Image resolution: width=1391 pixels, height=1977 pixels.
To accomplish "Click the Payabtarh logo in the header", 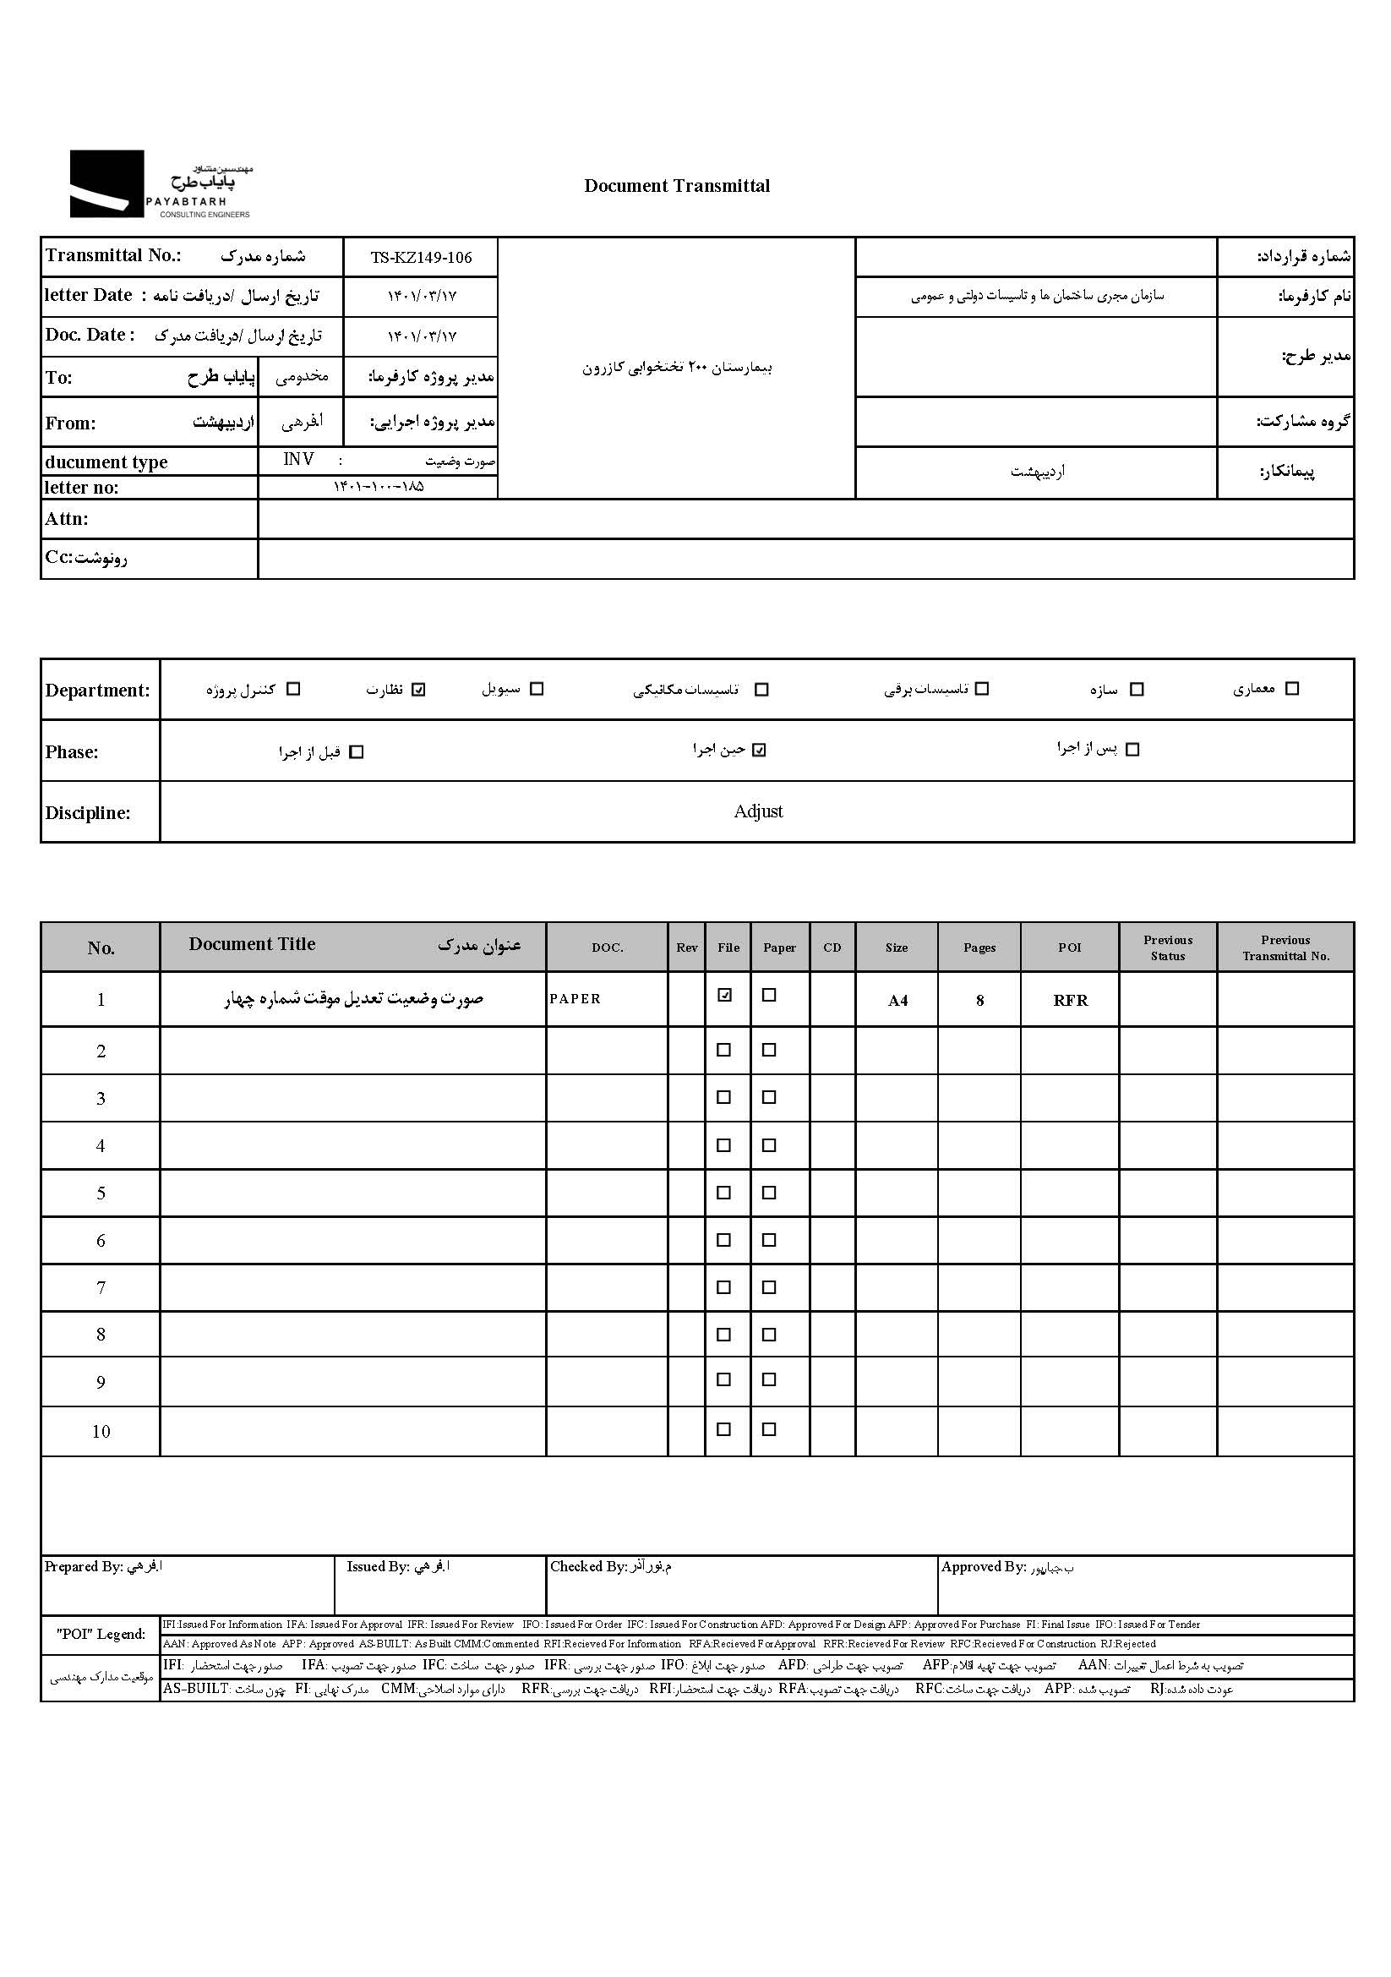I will [x=160, y=183].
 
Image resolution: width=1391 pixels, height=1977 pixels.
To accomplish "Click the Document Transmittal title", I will [x=677, y=186].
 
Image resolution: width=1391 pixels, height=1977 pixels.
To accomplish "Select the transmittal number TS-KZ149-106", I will [x=421, y=258].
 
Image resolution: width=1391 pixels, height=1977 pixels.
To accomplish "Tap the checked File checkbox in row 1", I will [x=725, y=996].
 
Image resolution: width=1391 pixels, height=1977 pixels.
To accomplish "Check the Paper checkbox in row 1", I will [x=770, y=996].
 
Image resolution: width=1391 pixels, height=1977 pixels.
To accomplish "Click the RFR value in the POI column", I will [x=1070, y=1001].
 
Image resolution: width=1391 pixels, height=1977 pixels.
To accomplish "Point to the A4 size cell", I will [x=897, y=1001].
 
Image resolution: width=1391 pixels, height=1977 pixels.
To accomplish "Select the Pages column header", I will [x=979, y=948].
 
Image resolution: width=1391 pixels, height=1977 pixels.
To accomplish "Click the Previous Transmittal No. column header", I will [x=1285, y=948].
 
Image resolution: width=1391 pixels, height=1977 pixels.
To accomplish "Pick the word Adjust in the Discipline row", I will [x=757, y=811].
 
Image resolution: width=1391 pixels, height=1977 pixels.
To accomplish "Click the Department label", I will [x=97, y=691].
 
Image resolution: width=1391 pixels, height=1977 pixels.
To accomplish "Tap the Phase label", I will [x=73, y=752].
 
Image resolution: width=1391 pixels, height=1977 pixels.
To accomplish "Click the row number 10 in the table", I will [x=101, y=1432].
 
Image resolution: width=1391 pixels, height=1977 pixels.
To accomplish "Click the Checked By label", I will [x=588, y=1567].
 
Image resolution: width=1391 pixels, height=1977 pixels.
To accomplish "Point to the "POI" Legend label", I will [x=101, y=1635].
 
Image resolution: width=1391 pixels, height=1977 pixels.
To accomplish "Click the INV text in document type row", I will [x=298, y=460].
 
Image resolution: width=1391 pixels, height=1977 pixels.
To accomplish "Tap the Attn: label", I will [x=66, y=519].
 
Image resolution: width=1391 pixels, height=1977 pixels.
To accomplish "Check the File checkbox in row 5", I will [x=724, y=1193].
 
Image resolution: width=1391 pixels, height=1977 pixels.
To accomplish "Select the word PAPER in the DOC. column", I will [x=575, y=999].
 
